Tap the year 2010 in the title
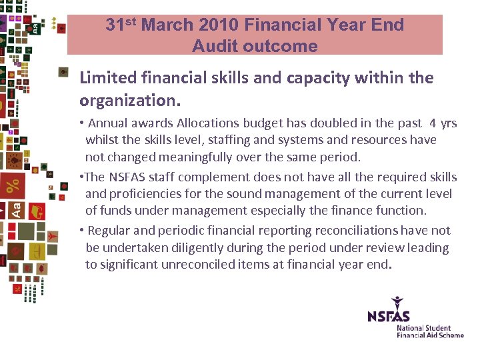click(x=215, y=25)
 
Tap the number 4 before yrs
click(x=434, y=123)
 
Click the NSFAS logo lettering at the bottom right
click(x=389, y=316)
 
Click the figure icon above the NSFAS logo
click(x=398, y=301)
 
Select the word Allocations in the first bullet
click(x=208, y=123)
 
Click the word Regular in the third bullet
click(x=110, y=231)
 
